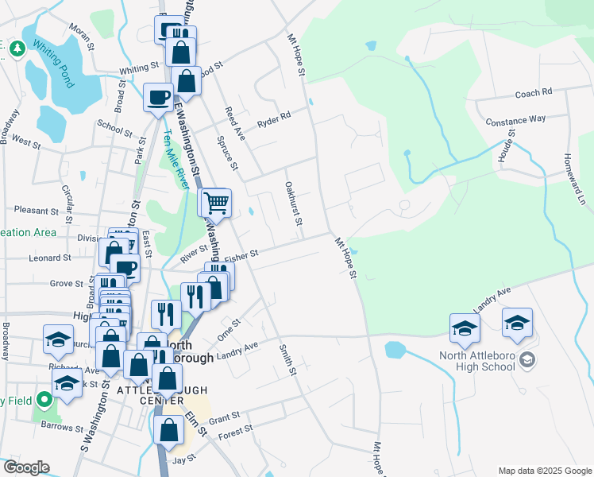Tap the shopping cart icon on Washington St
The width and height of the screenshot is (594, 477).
(x=214, y=204)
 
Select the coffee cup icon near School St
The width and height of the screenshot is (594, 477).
(x=157, y=98)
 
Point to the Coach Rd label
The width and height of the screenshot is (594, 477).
(x=533, y=93)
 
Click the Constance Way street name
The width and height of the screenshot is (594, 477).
(x=515, y=119)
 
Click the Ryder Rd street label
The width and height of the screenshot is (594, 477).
(x=274, y=120)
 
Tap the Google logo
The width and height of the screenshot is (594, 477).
(x=26, y=467)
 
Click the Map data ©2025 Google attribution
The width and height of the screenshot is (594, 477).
(x=545, y=471)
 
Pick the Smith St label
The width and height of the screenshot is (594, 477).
(x=287, y=359)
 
